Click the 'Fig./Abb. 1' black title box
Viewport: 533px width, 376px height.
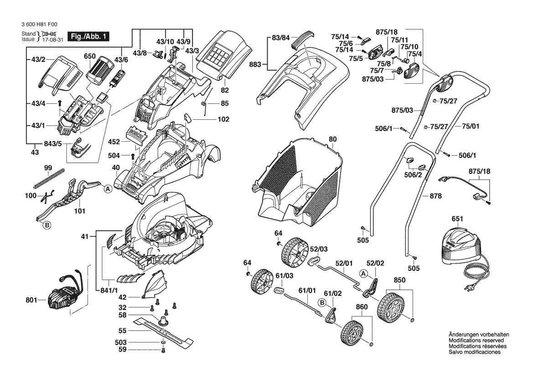88,36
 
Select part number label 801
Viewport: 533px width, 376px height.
32,300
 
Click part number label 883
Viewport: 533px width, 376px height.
255,65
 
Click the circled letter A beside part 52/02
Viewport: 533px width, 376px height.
363,274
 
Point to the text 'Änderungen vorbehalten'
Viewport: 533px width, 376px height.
479,335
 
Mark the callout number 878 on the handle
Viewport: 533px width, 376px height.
436,196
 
